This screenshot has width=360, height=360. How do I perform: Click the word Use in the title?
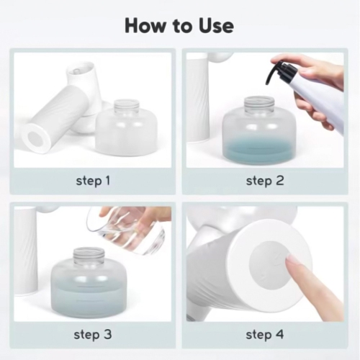[x=216, y=26]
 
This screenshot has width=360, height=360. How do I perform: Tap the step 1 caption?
[x=93, y=181]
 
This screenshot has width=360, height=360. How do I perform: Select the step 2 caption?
[x=265, y=181]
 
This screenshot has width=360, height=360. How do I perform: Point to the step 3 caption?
[x=93, y=334]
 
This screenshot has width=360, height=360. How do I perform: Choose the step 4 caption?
[x=265, y=334]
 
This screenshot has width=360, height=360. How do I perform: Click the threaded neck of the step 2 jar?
[x=259, y=104]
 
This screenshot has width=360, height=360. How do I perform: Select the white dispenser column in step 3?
[x=26, y=251]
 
